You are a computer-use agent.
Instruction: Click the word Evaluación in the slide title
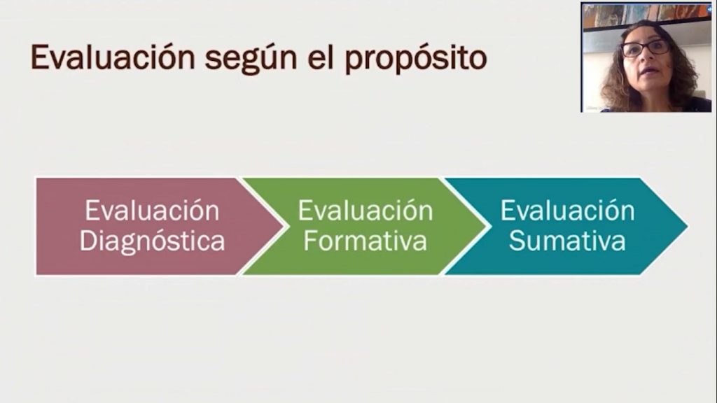coord(113,57)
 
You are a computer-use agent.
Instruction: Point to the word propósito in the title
coord(416,59)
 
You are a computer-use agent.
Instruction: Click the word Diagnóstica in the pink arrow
coord(152,241)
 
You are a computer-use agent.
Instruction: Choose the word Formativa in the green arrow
coord(366,241)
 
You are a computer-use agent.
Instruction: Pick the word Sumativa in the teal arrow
coord(567,241)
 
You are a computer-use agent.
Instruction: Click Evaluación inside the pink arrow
coord(152,211)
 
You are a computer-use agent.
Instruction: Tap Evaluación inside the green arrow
coord(366,211)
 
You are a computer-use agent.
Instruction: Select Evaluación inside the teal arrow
coord(567,211)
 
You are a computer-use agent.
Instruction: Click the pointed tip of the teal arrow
coord(687,226)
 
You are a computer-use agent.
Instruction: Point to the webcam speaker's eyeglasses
coord(646,48)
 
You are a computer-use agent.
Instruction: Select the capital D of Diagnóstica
coord(89,241)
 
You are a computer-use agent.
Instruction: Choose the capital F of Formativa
coord(310,241)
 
